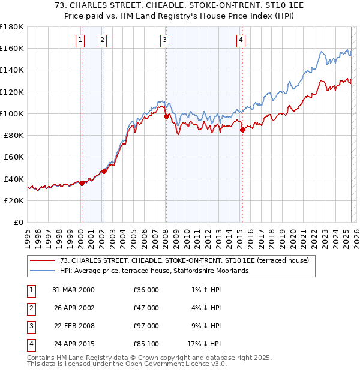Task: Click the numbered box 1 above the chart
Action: pyautogui.click(x=80, y=40)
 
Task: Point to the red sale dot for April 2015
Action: pyautogui.click(x=242, y=129)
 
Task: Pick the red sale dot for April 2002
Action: pyautogui.click(x=104, y=170)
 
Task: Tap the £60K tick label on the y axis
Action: pyautogui.click(x=14, y=157)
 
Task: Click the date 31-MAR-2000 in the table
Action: pyautogui.click(x=74, y=290)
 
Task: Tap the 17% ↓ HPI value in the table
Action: pyautogui.click(x=203, y=344)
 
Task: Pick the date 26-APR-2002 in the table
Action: pyautogui.click(x=73, y=308)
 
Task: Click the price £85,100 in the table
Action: pyautogui.click(x=146, y=344)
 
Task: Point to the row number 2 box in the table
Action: pyautogui.click(x=30, y=308)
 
